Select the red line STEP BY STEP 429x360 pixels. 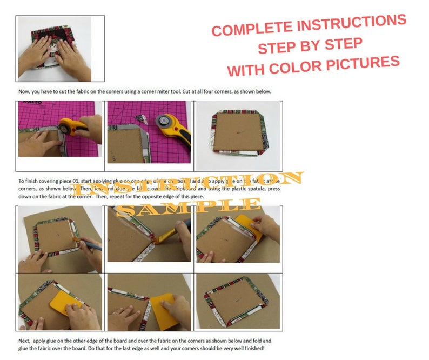pyautogui.click(x=310, y=45)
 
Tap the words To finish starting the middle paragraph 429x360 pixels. pyautogui.click(x=29, y=181)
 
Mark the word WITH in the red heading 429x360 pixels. pyautogui.click(x=245, y=70)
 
